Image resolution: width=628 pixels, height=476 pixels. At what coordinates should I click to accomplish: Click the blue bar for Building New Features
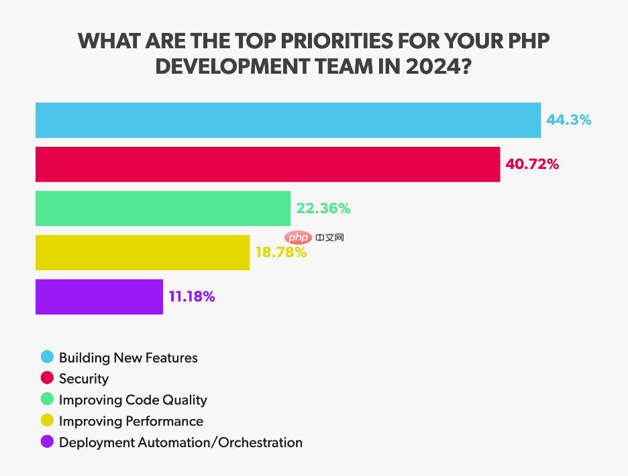288,120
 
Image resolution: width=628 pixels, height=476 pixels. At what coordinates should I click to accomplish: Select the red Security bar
268,164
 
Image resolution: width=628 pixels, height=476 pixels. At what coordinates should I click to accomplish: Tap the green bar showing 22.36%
162,209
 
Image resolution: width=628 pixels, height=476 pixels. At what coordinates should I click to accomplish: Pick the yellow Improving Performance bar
142,253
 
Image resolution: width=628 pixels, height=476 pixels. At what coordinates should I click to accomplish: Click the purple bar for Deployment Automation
99,296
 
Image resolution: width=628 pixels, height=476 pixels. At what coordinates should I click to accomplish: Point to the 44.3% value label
568,120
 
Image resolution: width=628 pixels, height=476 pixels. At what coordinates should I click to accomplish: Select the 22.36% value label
323,209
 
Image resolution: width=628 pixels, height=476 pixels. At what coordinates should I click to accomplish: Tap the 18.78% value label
281,253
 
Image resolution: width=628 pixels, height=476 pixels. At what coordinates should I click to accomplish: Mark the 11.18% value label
192,296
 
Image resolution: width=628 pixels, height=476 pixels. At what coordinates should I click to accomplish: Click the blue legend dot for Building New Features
47,357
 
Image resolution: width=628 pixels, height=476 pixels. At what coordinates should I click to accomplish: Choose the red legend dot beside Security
47,379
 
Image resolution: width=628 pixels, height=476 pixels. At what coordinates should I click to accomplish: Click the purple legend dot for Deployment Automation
47,442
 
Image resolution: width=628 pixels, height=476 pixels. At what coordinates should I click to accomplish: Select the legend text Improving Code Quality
133,400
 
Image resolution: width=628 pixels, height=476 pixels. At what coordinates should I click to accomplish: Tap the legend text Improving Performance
131,421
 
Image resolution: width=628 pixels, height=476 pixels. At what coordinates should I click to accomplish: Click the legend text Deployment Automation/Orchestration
180,442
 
